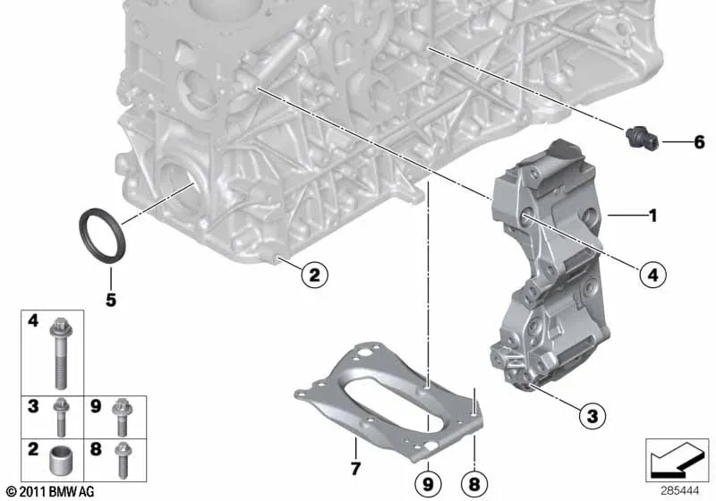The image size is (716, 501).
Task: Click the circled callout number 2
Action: (x=314, y=275)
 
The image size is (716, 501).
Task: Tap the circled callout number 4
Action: (x=653, y=275)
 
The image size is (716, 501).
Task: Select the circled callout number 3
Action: (x=592, y=416)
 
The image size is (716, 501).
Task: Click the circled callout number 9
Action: (x=428, y=484)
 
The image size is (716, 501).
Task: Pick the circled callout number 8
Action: (x=474, y=484)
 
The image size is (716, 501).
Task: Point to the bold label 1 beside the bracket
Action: (x=653, y=216)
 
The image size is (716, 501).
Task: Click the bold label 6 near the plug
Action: (x=699, y=142)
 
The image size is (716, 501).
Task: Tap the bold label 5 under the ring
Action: (x=111, y=300)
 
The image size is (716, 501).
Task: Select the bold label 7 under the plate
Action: (x=355, y=468)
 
